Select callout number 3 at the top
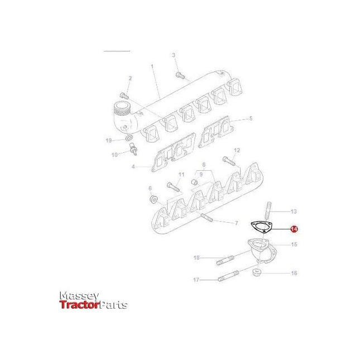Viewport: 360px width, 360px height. coord(174,55)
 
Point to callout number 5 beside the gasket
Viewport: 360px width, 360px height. coord(251,118)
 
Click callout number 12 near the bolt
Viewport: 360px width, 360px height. coord(236,150)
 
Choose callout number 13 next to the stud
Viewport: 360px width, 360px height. coord(294,212)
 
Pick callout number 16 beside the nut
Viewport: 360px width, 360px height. coord(294,273)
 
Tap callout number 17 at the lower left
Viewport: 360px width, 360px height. coord(196,280)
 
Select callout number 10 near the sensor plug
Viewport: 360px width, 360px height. coord(114,155)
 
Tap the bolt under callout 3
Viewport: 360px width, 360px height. coord(179,75)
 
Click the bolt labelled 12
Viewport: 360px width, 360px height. coord(227,160)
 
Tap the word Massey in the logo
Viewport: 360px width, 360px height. coord(79,295)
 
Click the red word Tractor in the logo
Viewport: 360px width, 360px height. coord(79,305)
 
